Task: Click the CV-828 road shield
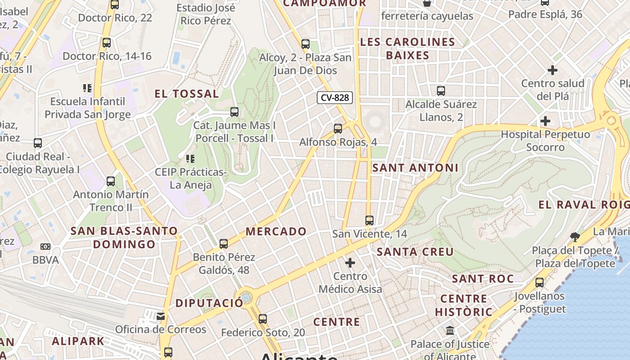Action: click(x=334, y=98)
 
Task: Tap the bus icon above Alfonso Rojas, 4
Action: click(x=338, y=129)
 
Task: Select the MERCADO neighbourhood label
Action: click(x=276, y=232)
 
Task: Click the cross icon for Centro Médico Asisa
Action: click(x=350, y=263)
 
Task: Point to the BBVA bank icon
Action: click(x=45, y=247)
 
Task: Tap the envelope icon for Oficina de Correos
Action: click(x=161, y=316)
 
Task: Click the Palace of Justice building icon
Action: click(x=450, y=331)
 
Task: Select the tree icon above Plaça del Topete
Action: click(x=575, y=237)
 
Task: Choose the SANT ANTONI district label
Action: click(x=415, y=168)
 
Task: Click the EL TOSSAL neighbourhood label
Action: click(x=187, y=94)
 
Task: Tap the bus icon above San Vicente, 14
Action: click(x=369, y=220)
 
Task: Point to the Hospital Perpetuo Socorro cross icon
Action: click(x=545, y=121)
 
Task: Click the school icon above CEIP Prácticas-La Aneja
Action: click(x=190, y=159)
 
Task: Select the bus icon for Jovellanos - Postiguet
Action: click(x=539, y=283)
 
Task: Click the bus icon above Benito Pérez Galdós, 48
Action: click(x=224, y=244)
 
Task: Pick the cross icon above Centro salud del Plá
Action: click(x=553, y=70)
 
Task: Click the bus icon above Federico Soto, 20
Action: click(x=263, y=319)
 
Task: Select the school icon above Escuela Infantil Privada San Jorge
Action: click(x=87, y=88)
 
